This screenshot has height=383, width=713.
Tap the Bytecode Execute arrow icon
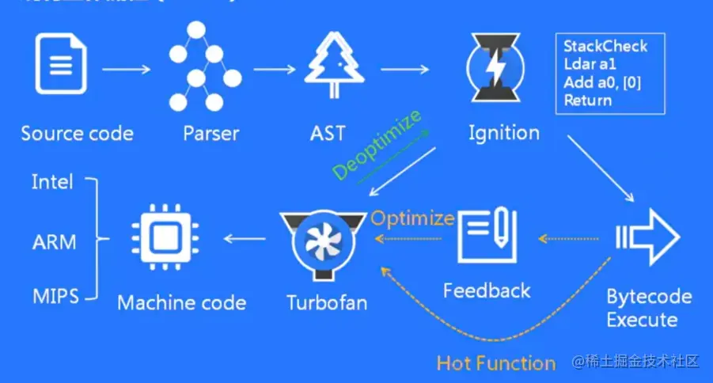648,238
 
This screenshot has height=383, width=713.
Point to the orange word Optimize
412,218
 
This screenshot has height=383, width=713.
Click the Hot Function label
495,363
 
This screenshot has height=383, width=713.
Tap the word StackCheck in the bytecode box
605,46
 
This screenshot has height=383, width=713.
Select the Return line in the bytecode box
588,100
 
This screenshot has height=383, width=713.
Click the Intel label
52,182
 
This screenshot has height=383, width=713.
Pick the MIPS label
55,297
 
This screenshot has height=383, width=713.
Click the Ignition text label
503,132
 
